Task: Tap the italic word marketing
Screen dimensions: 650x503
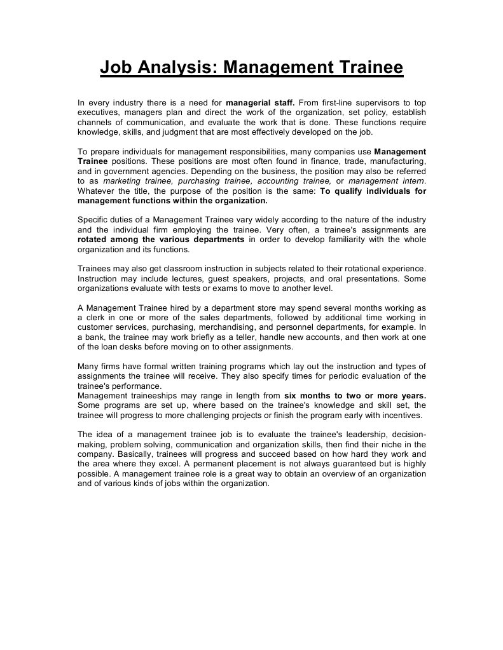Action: click(x=121, y=181)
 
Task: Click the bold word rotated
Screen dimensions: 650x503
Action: click(x=93, y=240)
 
